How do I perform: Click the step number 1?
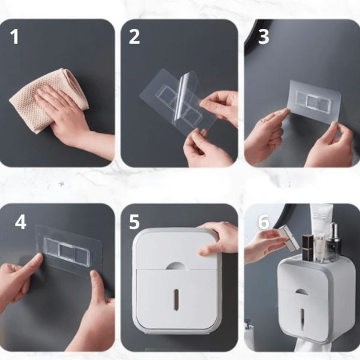coord(15,37)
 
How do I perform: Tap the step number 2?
coord(134,37)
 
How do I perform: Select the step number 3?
coord(263,37)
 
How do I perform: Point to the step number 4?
coord(20,222)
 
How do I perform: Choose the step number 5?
coord(134,222)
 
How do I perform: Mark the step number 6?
coord(263,222)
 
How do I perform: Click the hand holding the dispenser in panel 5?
coord(221,237)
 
